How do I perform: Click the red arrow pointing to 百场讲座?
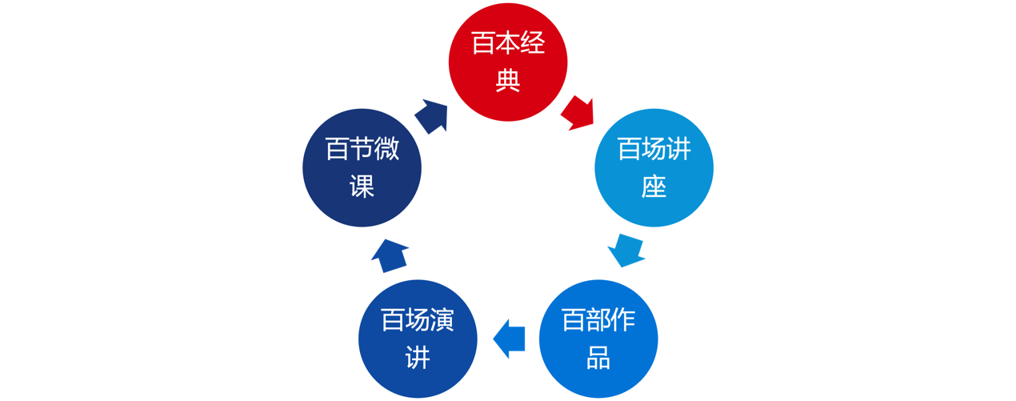[x=578, y=114]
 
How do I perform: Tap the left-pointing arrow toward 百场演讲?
[x=509, y=339]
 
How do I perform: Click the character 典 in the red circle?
[x=507, y=81]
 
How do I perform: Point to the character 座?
[x=654, y=187]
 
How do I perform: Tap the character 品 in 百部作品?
[x=598, y=358]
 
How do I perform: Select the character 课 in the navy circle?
[x=362, y=187]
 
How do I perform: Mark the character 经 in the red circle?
[x=532, y=44]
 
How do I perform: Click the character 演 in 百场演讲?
[x=442, y=320]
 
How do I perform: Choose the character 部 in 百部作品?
[x=598, y=320]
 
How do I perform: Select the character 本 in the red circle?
[x=507, y=44]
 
